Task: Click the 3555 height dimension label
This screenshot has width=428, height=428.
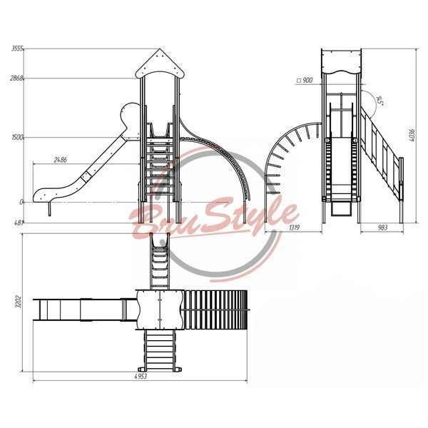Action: point(17,49)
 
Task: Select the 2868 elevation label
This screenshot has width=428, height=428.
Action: point(16,78)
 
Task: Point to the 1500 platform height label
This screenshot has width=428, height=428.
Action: point(17,137)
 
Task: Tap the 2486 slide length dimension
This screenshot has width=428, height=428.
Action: point(61,160)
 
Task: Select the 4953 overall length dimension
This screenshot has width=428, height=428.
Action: point(141,376)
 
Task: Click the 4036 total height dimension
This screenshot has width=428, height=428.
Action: point(412,135)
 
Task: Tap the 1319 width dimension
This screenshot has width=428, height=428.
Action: point(294,228)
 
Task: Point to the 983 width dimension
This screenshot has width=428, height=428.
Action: point(382,228)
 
